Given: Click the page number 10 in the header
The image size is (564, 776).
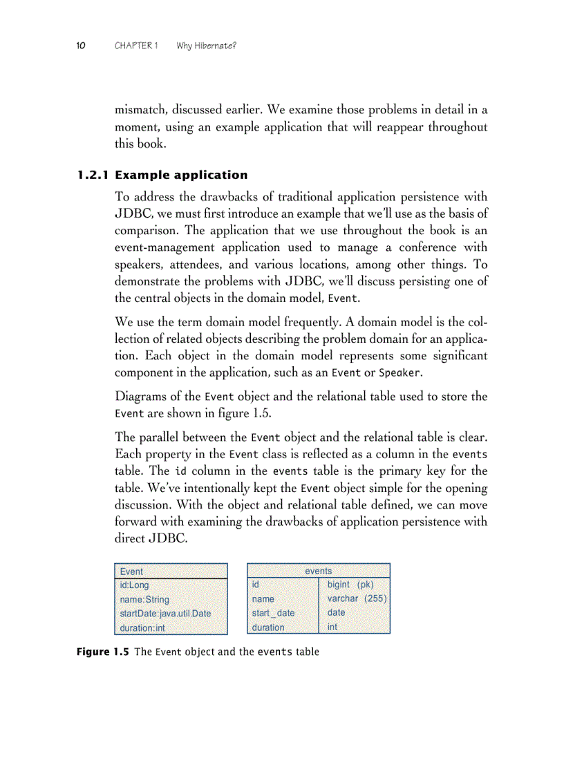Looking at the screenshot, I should coord(80,46).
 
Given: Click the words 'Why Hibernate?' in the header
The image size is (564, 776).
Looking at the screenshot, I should coord(207,46).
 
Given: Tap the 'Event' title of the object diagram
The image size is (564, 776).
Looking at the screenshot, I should coord(131,571).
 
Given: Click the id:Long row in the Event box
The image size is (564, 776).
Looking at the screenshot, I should coord(134,585).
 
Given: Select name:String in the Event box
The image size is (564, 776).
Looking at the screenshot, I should coord(144,600).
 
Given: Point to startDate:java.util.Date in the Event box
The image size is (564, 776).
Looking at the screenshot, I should coord(165,614).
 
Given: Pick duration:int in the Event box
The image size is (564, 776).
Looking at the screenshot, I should coord(142,628).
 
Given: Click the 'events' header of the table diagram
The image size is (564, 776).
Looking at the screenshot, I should coord(319,571).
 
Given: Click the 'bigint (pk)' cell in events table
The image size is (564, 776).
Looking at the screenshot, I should coord(350,585).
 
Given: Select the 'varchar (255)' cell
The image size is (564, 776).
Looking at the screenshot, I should coord(357,598).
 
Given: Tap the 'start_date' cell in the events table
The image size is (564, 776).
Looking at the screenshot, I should coord(273,613).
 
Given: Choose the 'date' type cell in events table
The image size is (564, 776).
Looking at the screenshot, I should coord(336,612).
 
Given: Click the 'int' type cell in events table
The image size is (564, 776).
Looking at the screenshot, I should coord(332,627).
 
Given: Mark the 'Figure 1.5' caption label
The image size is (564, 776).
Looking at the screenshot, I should coord(102,652).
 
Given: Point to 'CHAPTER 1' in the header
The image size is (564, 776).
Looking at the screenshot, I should coord(136,46).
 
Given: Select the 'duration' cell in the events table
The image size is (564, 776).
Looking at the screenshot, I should coord(268,627).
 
